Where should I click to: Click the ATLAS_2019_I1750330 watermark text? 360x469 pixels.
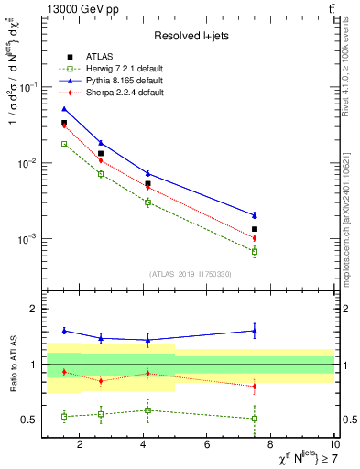coord(189,274)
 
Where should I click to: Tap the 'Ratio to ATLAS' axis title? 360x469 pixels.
coord(13,364)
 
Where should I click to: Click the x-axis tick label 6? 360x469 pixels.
coord(207,446)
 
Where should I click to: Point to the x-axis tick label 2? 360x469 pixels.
coord(80,446)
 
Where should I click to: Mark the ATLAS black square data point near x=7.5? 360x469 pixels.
coord(255,229)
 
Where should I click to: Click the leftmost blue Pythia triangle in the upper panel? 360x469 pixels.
coord(64,109)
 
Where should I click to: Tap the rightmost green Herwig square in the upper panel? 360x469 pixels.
coord(255,251)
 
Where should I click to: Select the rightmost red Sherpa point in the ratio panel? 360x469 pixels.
coord(255,387)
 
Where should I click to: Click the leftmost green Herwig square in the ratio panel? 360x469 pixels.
coord(64,416)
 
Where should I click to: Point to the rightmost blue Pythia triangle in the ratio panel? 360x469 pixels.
coord(255,331)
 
